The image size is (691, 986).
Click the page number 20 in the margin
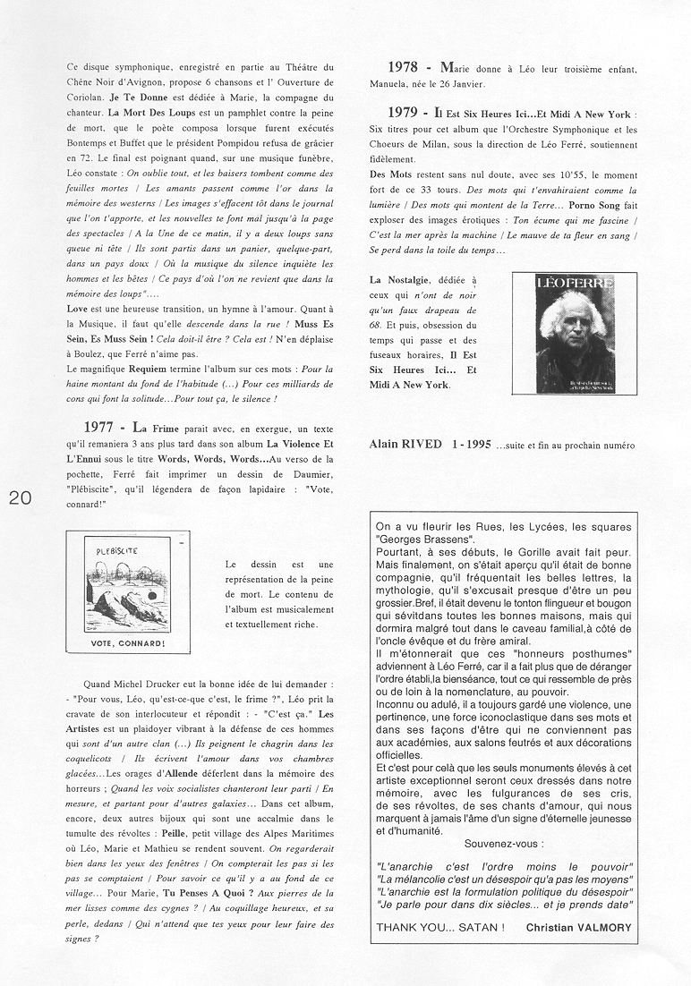coord(21,499)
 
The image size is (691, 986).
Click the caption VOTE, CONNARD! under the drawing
coord(128,643)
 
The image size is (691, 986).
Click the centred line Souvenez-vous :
coord(503,844)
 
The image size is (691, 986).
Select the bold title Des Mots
coord(390,175)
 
